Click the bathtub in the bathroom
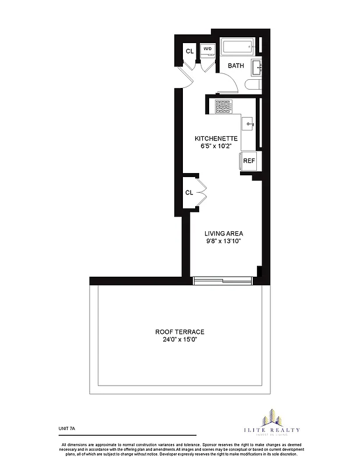[237, 47]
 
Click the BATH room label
[236, 66]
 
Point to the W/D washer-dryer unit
[207, 50]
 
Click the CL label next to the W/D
[189, 51]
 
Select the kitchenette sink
[248, 123]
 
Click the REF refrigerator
[249, 161]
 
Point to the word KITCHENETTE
[216, 139]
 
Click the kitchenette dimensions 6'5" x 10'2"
[216, 147]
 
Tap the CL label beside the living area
[189, 192]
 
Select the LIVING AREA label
[219, 233]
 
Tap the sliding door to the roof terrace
[223, 281]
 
